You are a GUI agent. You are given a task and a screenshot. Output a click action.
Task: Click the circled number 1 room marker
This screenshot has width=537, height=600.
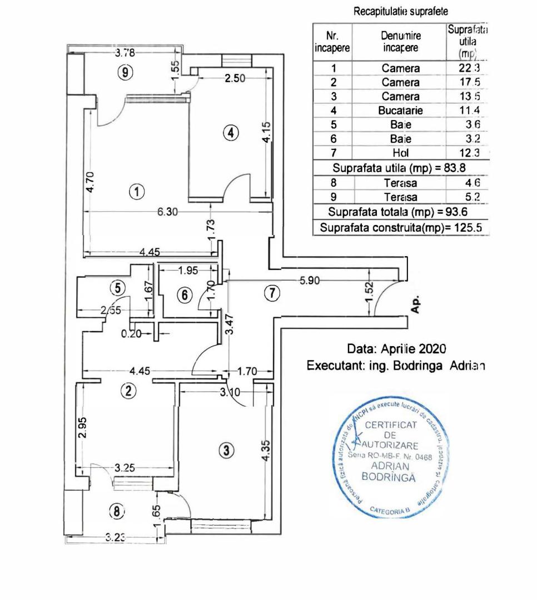point(136,192)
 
